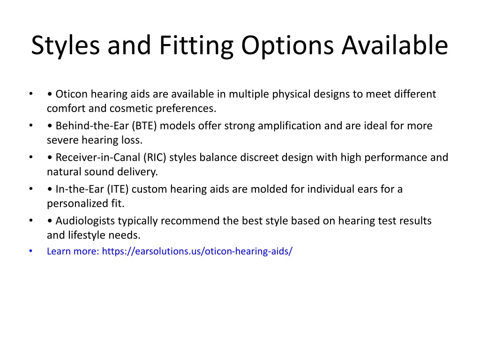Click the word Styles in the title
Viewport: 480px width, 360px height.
click(x=66, y=45)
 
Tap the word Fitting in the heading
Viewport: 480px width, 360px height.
click(x=196, y=45)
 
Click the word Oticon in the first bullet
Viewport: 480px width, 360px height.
click(x=72, y=94)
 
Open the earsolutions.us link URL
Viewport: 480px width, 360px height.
click(x=197, y=251)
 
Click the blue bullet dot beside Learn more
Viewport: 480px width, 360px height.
click(x=30, y=251)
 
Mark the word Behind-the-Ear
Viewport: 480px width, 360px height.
click(x=92, y=126)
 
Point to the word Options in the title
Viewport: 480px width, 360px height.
click(x=287, y=45)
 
